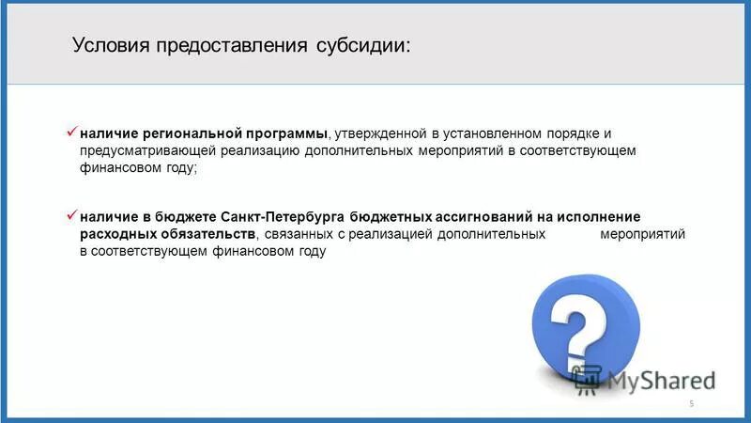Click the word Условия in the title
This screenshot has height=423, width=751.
click(x=106, y=46)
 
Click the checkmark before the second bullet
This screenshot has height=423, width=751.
click(x=71, y=215)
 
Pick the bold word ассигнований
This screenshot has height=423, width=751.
click(x=480, y=216)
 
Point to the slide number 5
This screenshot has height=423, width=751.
click(x=692, y=404)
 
